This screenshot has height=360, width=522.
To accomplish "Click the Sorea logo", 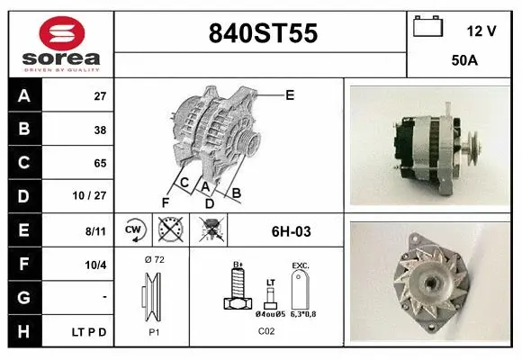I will point(61,42).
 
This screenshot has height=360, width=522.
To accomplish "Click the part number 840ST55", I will point(263,33).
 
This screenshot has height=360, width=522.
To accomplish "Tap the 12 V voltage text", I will point(481,31).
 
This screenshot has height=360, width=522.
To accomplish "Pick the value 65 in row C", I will point(99,164).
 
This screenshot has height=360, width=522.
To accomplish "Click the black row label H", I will point(24,331).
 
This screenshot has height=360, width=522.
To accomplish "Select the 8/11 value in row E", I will point(95,231).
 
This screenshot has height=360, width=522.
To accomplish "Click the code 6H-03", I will point(290,231).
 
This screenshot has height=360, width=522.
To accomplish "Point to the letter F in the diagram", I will point(165,202).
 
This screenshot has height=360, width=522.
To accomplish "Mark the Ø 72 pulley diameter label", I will point(154,259).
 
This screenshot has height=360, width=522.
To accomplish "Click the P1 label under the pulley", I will point(153,331).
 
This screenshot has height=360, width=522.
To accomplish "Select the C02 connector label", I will point(266,331).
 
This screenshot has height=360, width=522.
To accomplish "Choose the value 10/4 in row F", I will point(95,264).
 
